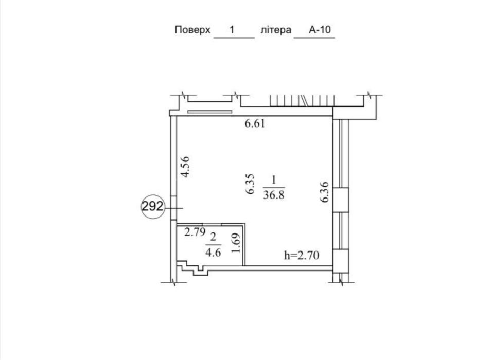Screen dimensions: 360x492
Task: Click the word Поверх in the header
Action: point(192,30)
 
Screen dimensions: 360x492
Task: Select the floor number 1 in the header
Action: point(232,30)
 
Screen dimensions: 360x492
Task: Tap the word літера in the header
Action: point(276,30)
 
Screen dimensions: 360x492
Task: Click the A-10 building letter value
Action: point(319,30)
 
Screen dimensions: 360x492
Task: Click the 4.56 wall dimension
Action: point(186,167)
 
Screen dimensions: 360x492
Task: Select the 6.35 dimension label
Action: point(251,184)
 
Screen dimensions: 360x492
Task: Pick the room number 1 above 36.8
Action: point(274,181)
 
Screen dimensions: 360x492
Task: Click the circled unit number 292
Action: point(152,207)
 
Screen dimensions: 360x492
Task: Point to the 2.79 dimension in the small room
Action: point(195,232)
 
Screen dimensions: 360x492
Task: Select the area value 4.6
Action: point(213,251)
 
